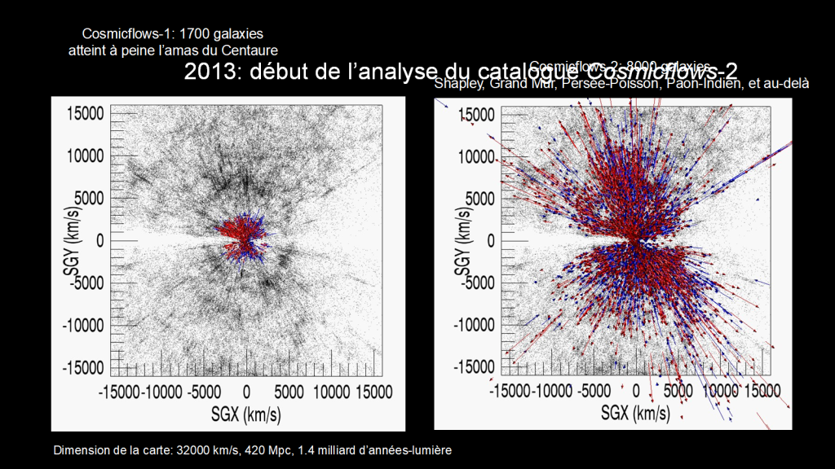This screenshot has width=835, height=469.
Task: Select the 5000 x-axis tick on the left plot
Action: tap(289, 392)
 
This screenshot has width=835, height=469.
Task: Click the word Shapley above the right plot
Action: tap(460, 83)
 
